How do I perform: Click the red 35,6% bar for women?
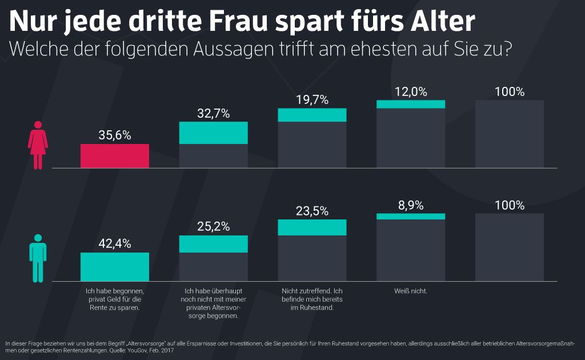(114, 155)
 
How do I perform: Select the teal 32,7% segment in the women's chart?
(213, 133)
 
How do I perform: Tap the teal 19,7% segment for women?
(312, 115)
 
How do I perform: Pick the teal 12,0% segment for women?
(411, 104)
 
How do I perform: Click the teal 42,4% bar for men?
(114, 267)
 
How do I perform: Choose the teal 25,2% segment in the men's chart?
(213, 244)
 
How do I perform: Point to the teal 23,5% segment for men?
(312, 227)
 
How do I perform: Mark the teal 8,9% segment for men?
(411, 217)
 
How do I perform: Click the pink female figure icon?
(38, 145)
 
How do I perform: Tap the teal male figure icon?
(38, 258)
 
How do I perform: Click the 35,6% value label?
(114, 135)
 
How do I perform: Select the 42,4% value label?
(114, 244)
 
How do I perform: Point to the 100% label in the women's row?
(510, 92)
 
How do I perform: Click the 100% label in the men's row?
(510, 206)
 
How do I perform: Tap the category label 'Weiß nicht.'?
(411, 291)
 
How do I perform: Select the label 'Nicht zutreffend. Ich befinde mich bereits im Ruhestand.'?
(312, 299)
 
